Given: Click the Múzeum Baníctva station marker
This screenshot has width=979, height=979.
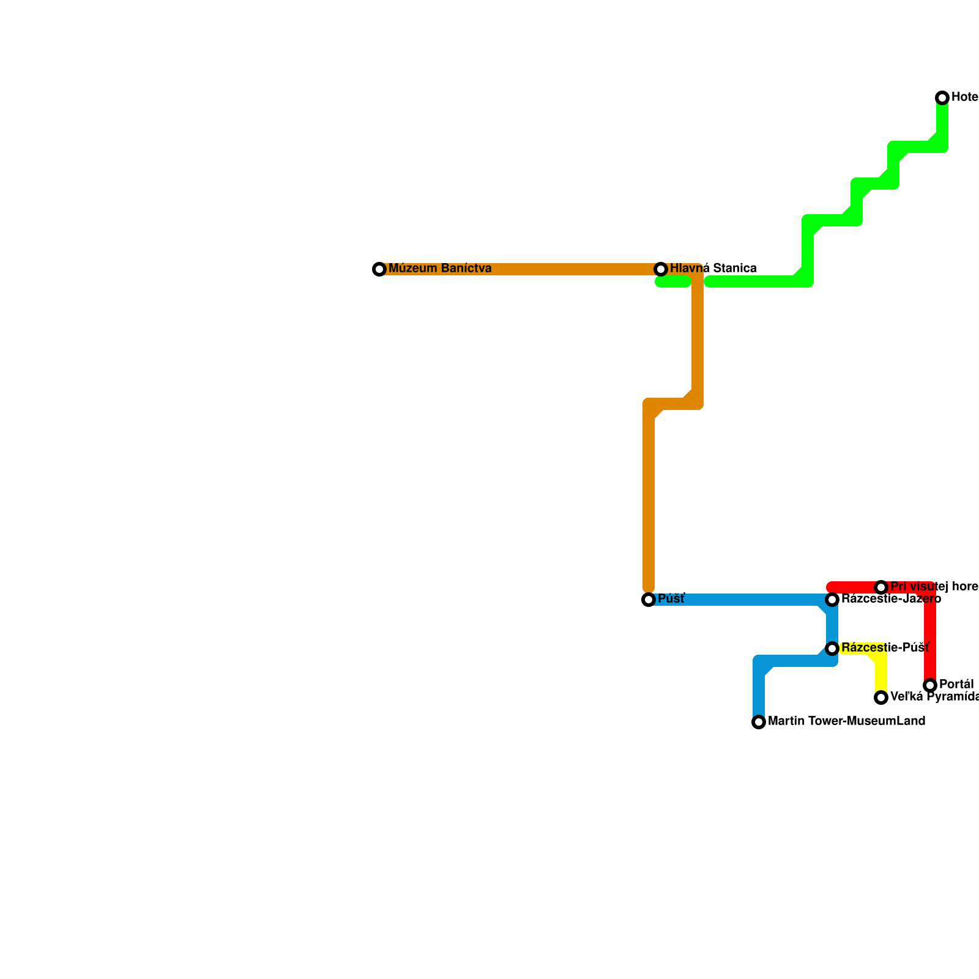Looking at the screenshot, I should coord(379,269).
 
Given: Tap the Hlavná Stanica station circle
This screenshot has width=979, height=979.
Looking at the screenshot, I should coord(661,269).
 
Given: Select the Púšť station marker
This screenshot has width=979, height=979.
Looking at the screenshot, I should coord(649,600).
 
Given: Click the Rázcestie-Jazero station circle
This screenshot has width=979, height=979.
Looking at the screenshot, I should coord(832,600).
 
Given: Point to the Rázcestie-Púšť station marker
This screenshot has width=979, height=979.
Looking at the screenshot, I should coord(832,649).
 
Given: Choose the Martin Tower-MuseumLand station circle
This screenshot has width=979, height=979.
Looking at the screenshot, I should coord(759,722).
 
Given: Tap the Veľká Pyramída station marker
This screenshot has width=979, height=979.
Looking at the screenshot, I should coord(881,698).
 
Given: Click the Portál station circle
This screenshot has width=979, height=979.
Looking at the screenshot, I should coord(930,685).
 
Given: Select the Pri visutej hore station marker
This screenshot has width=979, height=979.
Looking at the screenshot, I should coord(881,587).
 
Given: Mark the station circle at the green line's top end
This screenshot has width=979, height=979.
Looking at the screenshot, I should coord(942,98).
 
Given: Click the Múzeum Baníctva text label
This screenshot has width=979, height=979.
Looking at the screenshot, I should coord(440,269).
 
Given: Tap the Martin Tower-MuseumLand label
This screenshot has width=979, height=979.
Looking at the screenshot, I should coord(846,721).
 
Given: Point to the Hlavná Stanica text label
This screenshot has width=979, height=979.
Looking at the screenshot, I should coord(713,269).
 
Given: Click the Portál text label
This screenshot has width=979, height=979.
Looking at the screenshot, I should coord(956,684).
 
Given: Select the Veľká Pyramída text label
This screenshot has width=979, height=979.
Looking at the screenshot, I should coord(934,697).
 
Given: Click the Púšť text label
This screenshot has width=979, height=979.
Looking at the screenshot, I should coord(671,599).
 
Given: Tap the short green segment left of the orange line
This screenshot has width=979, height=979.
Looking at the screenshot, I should coord(673,282).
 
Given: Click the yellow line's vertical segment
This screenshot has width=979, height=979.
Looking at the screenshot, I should coord(881,673).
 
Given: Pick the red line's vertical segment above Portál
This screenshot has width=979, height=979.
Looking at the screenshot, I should coord(930,636).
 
